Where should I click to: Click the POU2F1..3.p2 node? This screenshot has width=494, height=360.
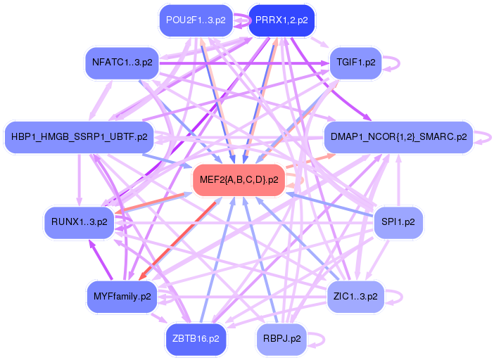(196, 20)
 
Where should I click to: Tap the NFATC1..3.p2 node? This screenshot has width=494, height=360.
(122, 62)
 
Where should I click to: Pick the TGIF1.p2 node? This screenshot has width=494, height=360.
(356, 62)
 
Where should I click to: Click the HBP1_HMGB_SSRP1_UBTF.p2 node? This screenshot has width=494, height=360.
(79, 136)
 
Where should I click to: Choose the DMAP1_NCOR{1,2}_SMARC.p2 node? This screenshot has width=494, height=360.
(398, 136)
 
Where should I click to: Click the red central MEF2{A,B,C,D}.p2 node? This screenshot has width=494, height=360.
(239, 179)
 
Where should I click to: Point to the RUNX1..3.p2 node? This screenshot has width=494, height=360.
(79, 221)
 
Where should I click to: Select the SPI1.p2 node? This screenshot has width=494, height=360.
(398, 221)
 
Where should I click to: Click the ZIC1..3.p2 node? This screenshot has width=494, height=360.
(356, 296)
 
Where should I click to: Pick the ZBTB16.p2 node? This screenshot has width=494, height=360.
(196, 337)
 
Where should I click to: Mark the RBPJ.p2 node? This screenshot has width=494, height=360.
(281, 337)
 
